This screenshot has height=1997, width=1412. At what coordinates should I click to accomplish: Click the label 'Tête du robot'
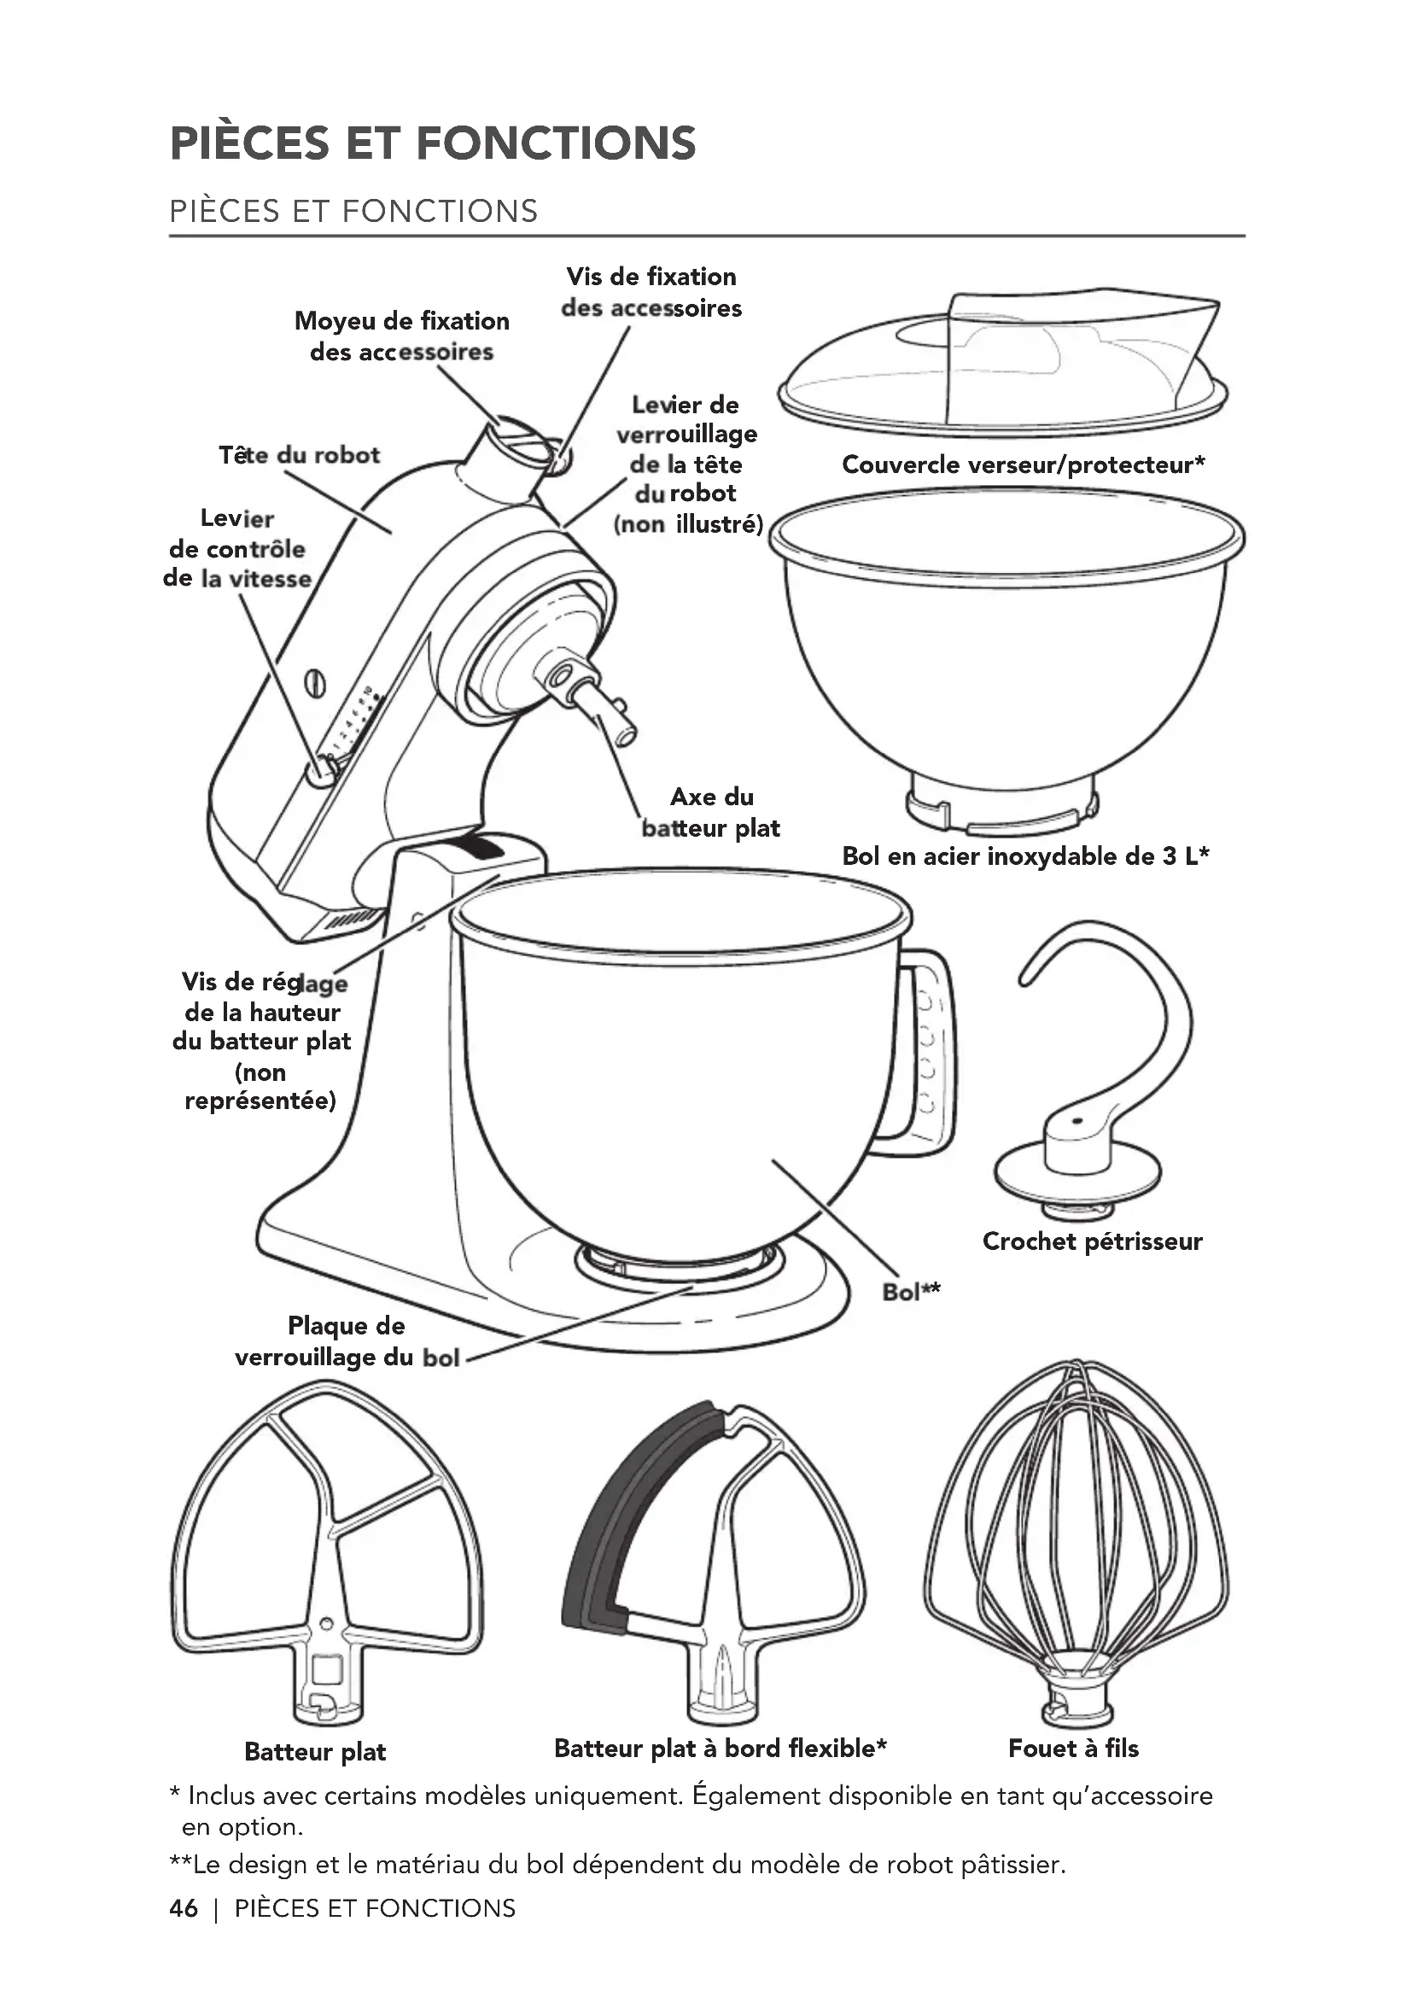pyautogui.click(x=299, y=455)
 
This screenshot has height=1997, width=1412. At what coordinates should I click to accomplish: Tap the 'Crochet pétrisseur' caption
pyautogui.click(x=1092, y=1241)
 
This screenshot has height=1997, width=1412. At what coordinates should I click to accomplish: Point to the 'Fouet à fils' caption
pyautogui.click(x=1073, y=1749)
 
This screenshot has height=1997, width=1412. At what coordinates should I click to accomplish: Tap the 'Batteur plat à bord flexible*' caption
pyautogui.click(x=720, y=1749)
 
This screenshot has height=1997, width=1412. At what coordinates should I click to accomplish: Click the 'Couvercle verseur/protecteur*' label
pyautogui.click(x=1024, y=464)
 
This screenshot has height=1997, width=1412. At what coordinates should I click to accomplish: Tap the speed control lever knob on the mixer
pyautogui.click(x=322, y=771)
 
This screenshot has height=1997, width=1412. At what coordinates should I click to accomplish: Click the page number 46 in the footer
pyautogui.click(x=184, y=1908)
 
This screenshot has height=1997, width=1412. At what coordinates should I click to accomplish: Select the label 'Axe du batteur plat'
pyautogui.click(x=711, y=812)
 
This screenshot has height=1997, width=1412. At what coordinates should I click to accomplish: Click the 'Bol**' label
pyautogui.click(x=911, y=1293)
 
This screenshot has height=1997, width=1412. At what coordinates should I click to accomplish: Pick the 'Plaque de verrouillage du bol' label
pyautogui.click(x=346, y=1341)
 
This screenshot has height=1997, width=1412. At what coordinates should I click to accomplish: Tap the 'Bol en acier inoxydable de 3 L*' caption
pyautogui.click(x=1025, y=856)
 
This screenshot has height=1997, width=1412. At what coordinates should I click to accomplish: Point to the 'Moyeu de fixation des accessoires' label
pyautogui.click(x=402, y=336)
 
